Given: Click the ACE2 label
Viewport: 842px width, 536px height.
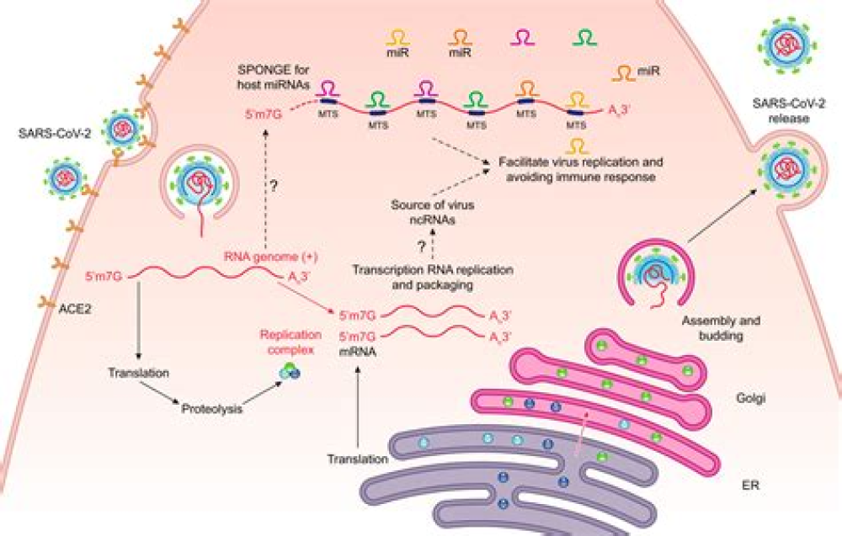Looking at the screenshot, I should click(x=75, y=309).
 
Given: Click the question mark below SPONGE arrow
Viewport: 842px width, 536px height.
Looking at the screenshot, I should click(x=272, y=183).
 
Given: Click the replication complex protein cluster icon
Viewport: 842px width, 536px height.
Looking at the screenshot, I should click(x=290, y=370).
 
